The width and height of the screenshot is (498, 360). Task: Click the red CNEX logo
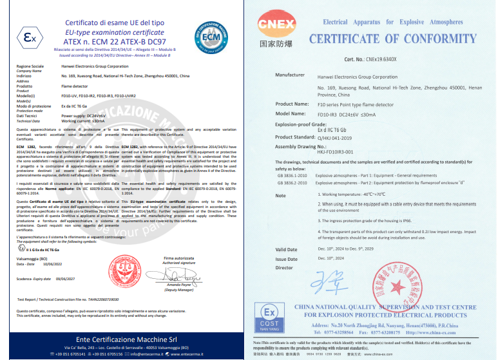click(x=276, y=26)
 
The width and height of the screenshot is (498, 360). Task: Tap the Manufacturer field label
click(x=289, y=75)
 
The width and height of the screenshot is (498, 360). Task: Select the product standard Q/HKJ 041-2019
click(x=343, y=137)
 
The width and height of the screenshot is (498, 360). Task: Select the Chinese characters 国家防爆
click(x=276, y=47)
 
